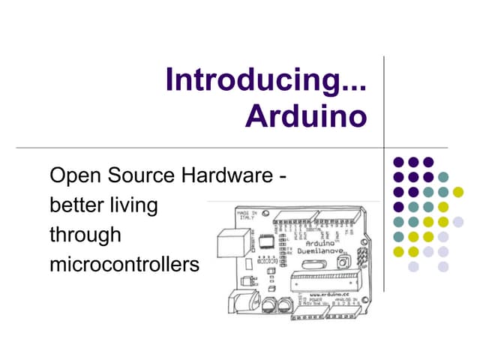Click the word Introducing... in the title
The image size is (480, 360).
tap(266, 80)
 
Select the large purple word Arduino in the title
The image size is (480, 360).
tap(307, 115)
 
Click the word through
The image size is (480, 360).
tap(85, 235)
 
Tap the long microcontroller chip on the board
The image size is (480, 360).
tap(325, 281)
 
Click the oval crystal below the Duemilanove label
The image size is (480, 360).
tap(308, 264)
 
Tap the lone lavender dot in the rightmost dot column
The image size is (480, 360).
tap(458, 221)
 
